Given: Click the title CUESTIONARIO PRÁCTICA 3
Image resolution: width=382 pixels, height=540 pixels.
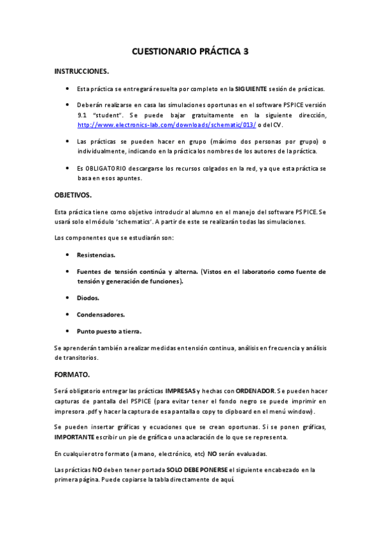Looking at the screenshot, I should (190, 55).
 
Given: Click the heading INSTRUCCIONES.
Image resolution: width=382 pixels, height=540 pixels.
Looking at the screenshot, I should (81, 71).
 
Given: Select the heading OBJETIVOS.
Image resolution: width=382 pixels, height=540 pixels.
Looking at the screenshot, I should (73, 195).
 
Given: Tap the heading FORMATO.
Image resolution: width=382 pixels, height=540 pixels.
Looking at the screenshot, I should (73, 374).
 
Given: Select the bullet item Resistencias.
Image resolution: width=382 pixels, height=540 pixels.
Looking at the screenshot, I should (96, 254).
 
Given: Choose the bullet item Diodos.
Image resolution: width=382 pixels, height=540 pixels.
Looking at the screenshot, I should (88, 297).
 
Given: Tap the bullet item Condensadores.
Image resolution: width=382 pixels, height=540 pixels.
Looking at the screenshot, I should (101, 315).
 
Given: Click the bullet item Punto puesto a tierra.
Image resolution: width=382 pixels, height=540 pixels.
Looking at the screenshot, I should (109, 331).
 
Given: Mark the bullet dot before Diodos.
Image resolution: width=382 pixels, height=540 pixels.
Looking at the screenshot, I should (67, 297).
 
